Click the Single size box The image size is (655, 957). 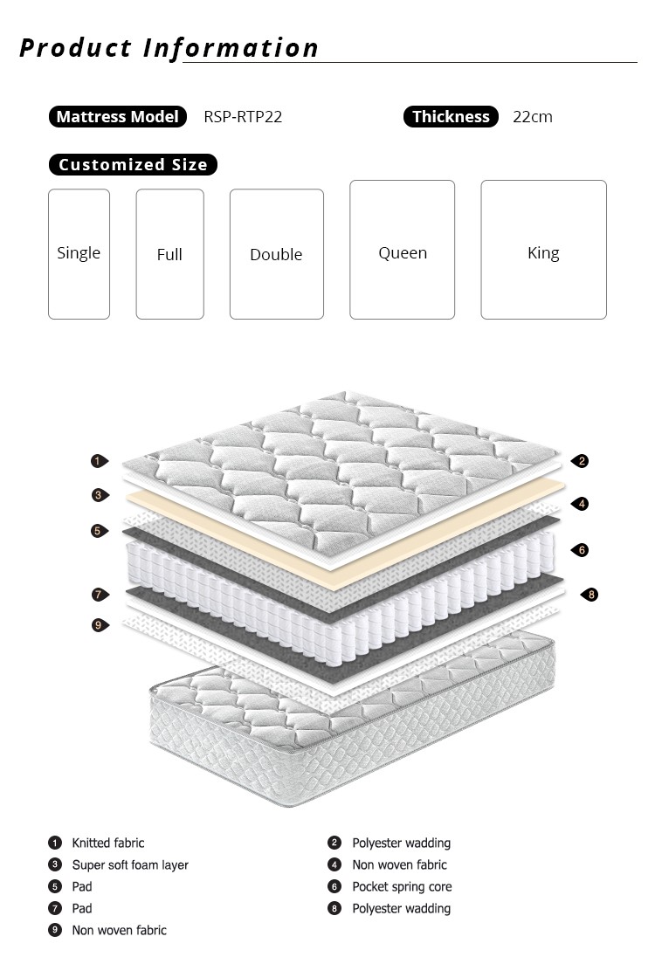click(x=79, y=253)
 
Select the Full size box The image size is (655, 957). click(x=169, y=254)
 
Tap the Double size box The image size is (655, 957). click(x=276, y=254)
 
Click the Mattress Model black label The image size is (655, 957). click(x=118, y=117)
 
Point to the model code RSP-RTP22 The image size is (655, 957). click(x=243, y=117)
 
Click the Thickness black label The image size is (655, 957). click(x=451, y=117)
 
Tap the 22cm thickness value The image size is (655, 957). click(x=533, y=117)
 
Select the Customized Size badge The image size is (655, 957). click(x=133, y=164)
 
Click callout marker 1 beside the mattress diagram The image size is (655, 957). click(x=98, y=461)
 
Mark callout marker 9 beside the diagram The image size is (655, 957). click(x=98, y=624)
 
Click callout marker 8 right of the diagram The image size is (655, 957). click(x=590, y=595)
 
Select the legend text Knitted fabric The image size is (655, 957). click(x=108, y=843)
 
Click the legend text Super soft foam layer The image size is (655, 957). click(x=130, y=864)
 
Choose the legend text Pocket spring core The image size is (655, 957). click(x=402, y=886)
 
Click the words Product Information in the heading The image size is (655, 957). click(x=169, y=47)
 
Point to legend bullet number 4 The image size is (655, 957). click(x=334, y=864)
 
